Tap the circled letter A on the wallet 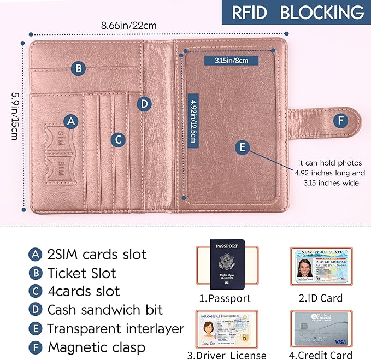(70, 121)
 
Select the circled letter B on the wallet (79, 68)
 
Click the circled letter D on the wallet (144, 104)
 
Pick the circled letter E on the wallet (243, 146)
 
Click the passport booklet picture (227, 264)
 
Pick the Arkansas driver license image (226, 330)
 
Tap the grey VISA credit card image (320, 330)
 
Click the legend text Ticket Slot (81, 273)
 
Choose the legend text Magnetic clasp (96, 347)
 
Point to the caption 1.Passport (225, 298)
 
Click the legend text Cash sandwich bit (105, 310)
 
